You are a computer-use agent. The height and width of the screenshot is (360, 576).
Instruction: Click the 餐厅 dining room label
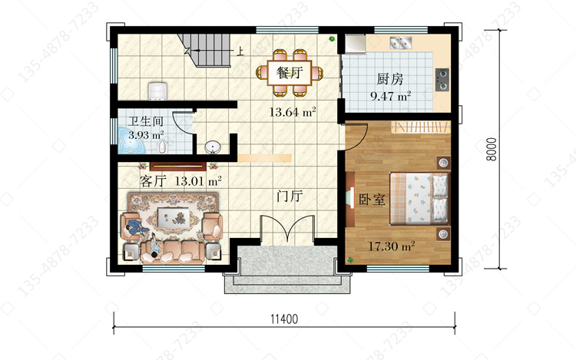coord(290,73)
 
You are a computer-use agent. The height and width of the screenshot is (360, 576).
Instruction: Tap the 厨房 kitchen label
coord(389,79)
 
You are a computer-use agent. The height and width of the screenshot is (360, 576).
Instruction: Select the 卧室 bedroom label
coord(372,200)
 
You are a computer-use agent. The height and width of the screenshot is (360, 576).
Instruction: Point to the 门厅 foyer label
coord(290,197)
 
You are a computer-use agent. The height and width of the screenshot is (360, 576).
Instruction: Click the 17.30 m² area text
coord(392,246)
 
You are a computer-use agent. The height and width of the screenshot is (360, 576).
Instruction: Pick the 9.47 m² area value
coord(390,96)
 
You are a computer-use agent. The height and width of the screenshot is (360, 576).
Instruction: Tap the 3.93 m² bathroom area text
coord(146,135)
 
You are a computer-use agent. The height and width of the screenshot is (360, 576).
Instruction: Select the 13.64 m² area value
coord(293,112)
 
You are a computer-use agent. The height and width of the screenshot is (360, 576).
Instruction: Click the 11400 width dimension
coord(284,319)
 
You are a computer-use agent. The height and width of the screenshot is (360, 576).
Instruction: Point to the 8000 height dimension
coord(492,149)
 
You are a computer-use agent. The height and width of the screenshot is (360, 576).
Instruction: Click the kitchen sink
coord(400,43)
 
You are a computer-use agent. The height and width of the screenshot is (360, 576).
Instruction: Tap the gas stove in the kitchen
coord(442,79)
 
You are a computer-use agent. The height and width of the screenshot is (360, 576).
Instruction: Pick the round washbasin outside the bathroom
coord(212,147)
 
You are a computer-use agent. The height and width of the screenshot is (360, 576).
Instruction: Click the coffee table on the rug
coord(173,216)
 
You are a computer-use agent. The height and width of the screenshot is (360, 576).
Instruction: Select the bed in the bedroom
coord(419,198)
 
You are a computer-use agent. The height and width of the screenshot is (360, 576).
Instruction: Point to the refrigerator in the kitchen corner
coord(355,44)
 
